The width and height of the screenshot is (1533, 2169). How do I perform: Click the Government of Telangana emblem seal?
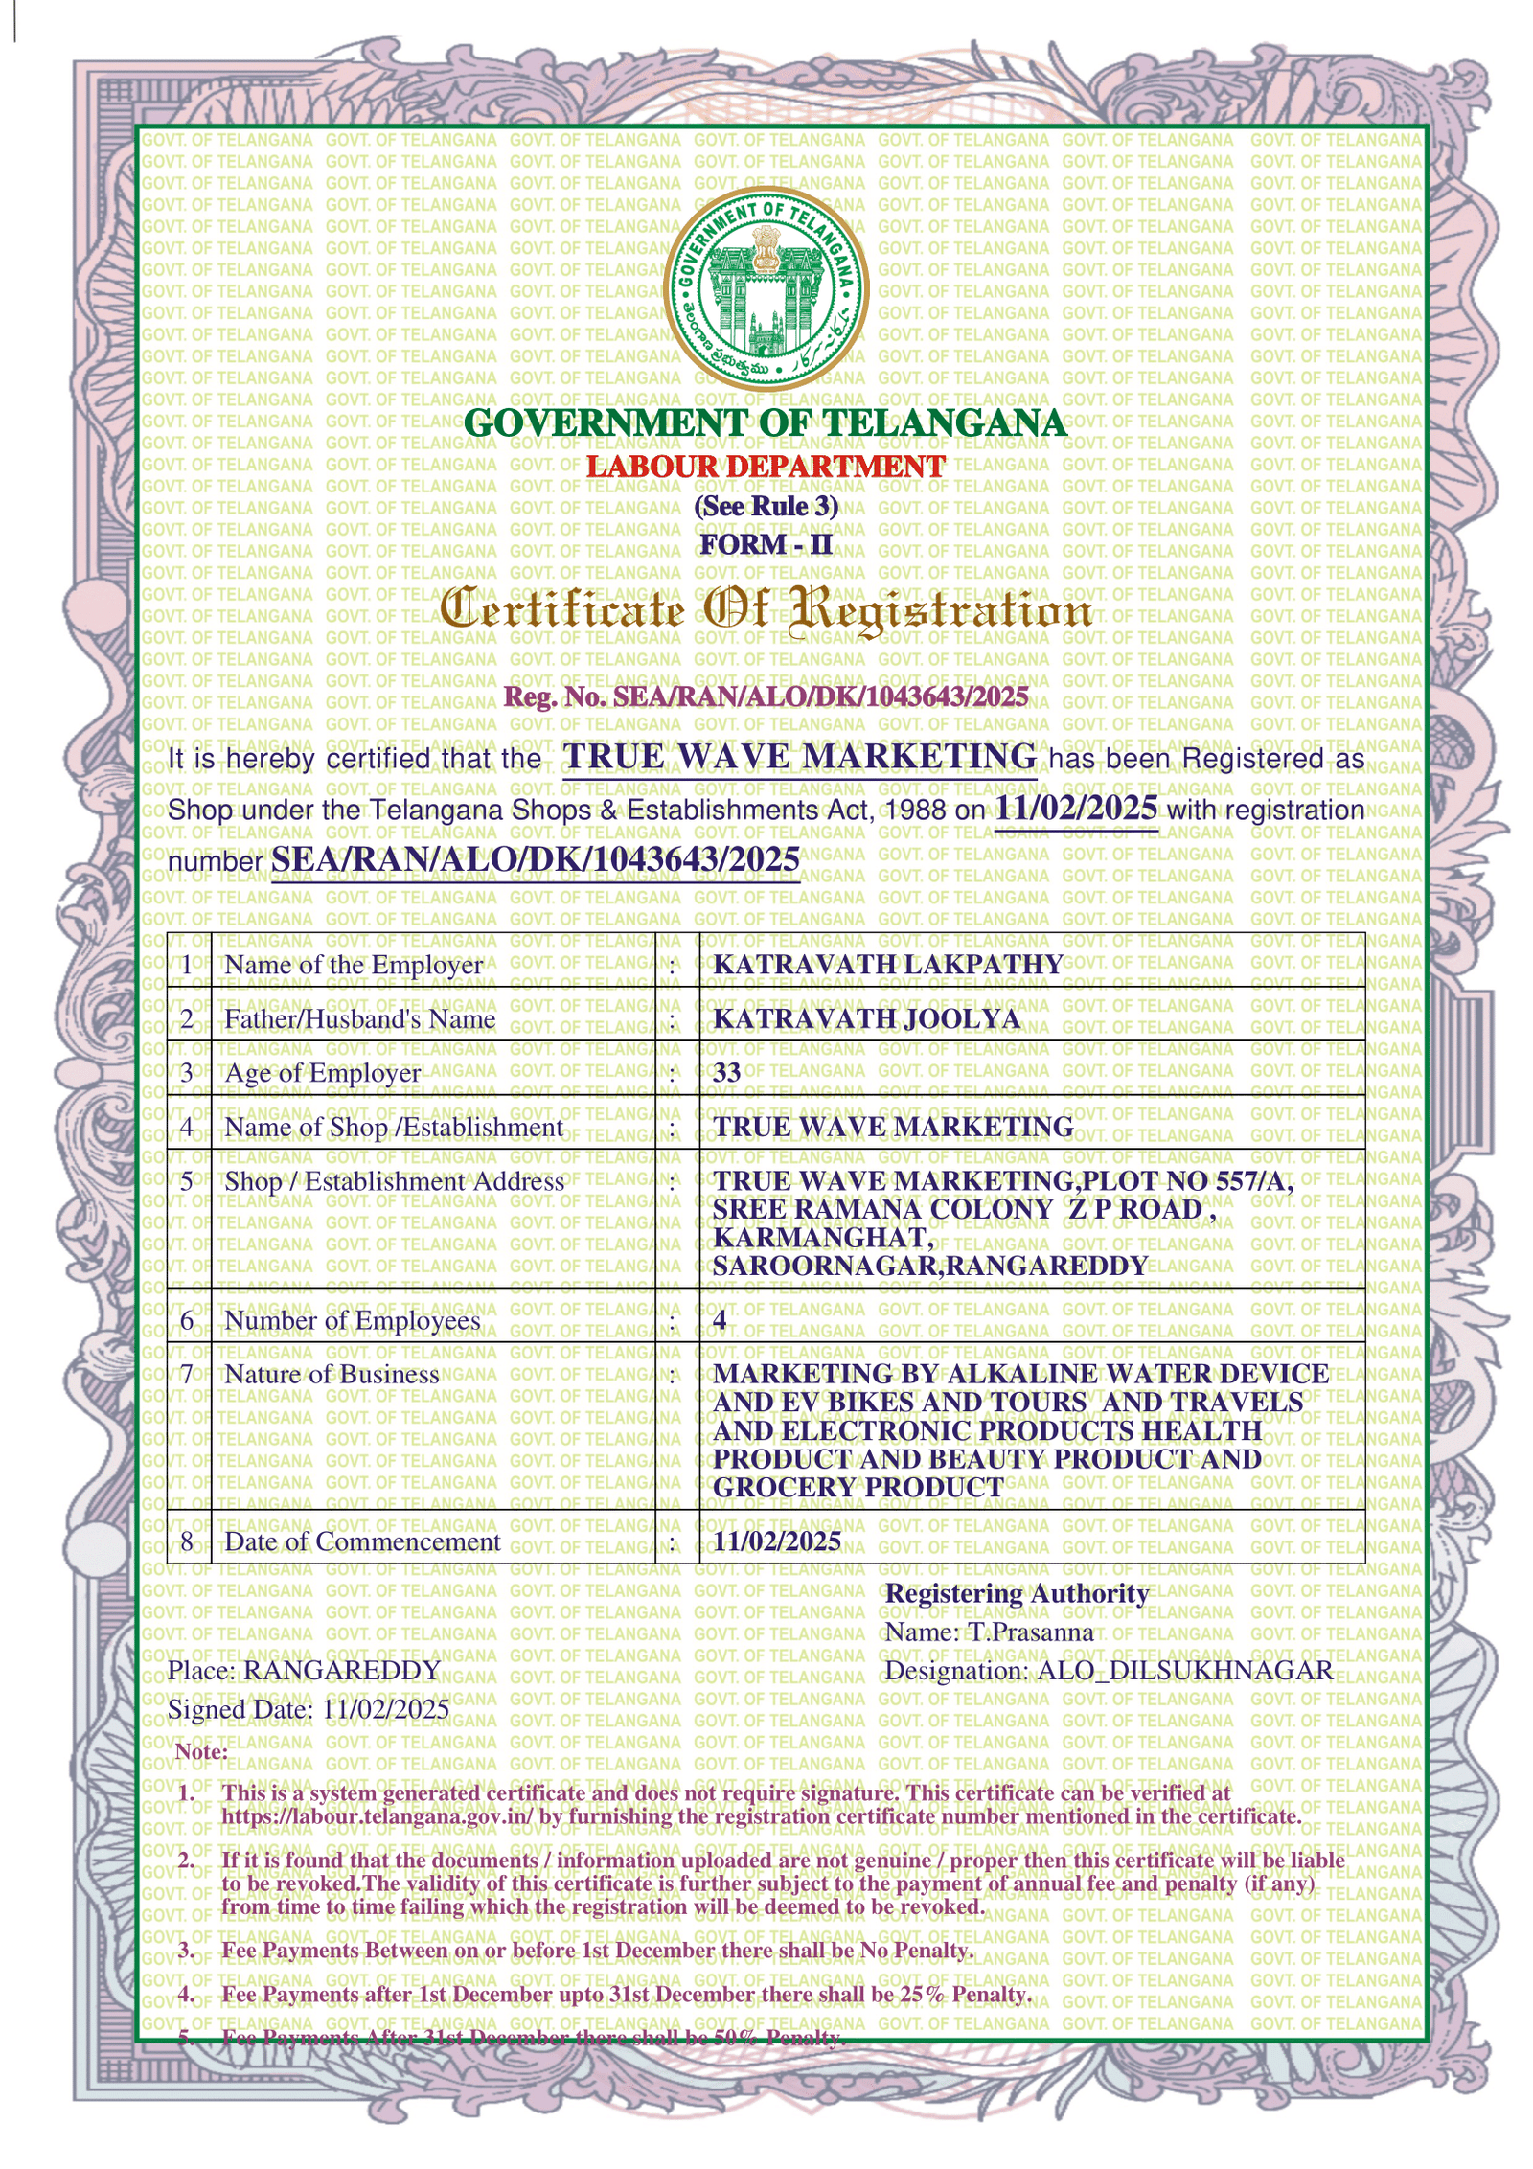[766, 290]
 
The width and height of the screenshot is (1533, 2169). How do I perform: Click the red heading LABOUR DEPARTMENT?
[766, 467]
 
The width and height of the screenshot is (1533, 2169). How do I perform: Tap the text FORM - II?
[766, 544]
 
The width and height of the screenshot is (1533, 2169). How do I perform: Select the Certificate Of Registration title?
[766, 611]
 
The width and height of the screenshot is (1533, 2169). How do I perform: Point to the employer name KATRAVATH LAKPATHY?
[887, 964]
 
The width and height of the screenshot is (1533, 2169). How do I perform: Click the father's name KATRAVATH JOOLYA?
[866, 1018]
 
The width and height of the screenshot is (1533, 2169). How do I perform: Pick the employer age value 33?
[726, 1072]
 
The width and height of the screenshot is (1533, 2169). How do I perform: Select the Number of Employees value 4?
[720, 1320]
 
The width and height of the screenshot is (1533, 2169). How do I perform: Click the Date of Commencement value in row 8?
[777, 1541]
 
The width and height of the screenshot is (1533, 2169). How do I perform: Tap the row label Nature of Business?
[332, 1374]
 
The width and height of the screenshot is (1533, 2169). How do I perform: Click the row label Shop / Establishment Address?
[394, 1181]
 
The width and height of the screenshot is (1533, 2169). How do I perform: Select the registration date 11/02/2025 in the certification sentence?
[1076, 808]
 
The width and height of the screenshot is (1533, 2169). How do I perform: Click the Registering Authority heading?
[1017, 1593]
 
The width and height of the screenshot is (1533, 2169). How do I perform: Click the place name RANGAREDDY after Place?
[341, 1671]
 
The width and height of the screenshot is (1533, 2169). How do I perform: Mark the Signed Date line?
[309, 1709]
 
